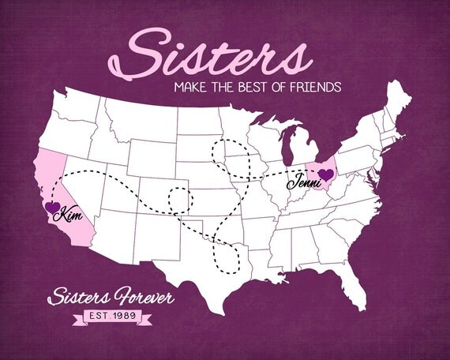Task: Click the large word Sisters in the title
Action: pos(217,53)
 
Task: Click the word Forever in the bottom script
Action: pos(139,298)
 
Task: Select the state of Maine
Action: pos(401,98)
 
